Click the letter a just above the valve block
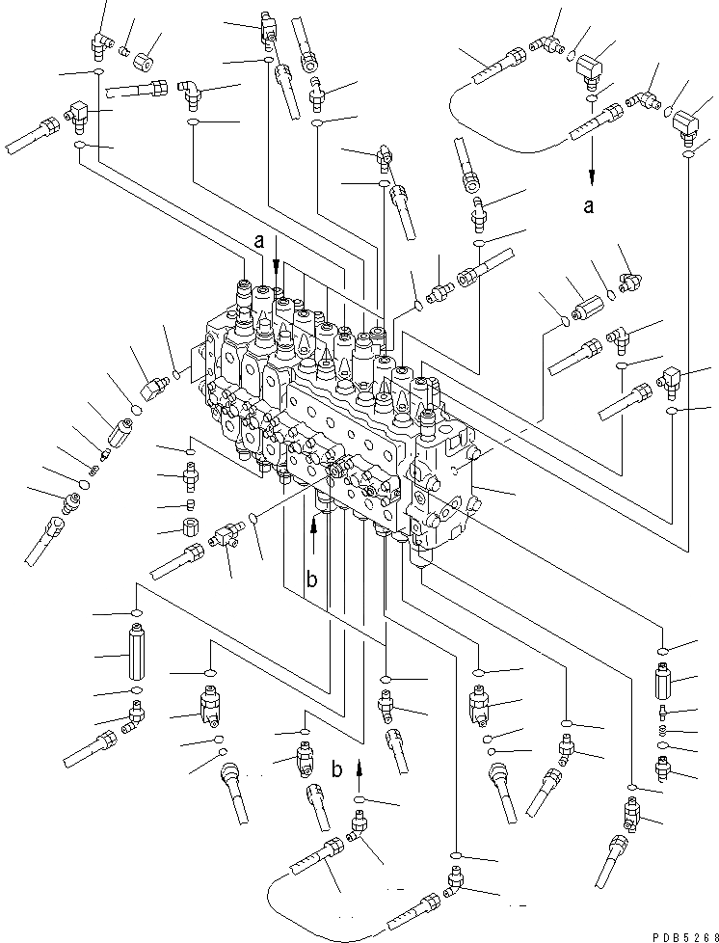click(257, 244)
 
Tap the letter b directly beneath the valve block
click(310, 579)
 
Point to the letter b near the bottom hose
click(336, 771)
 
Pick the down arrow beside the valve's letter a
click(277, 253)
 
